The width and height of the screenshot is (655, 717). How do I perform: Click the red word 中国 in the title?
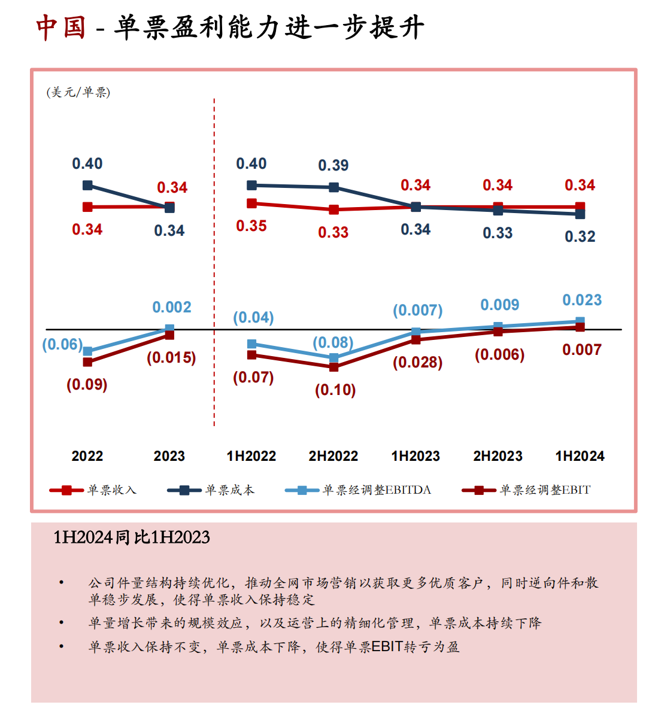pyautogui.click(x=61, y=28)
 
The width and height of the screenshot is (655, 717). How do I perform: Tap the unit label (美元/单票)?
pyautogui.click(x=78, y=92)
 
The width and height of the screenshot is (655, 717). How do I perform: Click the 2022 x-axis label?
pyautogui.click(x=87, y=456)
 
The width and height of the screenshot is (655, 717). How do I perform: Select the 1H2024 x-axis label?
pyautogui.click(x=580, y=456)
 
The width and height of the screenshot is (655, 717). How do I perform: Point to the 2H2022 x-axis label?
pyautogui.click(x=333, y=456)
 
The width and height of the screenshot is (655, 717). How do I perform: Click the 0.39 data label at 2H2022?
pyautogui.click(x=333, y=165)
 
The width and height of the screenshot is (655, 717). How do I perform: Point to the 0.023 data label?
pyautogui.click(x=582, y=300)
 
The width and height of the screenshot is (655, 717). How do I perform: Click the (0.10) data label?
pyautogui.click(x=335, y=390)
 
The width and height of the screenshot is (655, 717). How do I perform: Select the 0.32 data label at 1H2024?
pyautogui.click(x=580, y=236)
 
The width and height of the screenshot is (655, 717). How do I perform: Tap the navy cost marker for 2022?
pyautogui.click(x=87, y=186)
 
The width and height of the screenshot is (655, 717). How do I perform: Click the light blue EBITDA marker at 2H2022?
pyautogui.click(x=333, y=358)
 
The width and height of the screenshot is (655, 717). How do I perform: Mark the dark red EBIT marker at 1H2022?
pyautogui.click(x=252, y=355)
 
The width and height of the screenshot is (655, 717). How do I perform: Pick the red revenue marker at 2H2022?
pyautogui.click(x=333, y=209)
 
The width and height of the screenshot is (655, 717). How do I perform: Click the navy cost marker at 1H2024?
pyautogui.click(x=580, y=214)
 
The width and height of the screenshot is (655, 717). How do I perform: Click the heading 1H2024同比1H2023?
pyautogui.click(x=132, y=537)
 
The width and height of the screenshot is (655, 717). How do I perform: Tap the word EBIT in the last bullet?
pyautogui.click(x=387, y=647)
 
